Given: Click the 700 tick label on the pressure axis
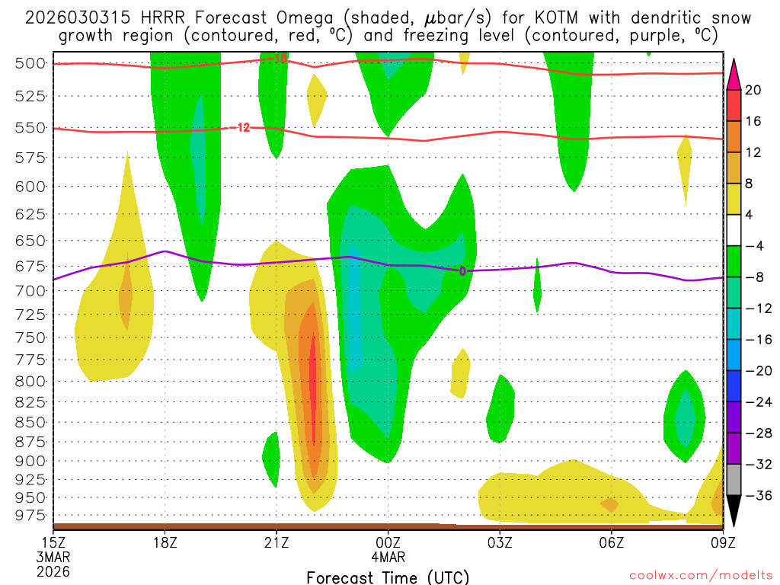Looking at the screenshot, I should click(x=30, y=290).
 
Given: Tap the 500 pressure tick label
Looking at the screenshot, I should click(x=30, y=63).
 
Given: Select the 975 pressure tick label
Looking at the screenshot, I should click(x=30, y=516).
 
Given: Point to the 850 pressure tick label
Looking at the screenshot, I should click(x=30, y=421).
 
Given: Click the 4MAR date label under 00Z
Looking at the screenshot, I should click(x=388, y=557).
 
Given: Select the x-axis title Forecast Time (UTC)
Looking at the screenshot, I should click(x=388, y=577).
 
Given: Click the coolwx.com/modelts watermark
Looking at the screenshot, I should click(x=699, y=576).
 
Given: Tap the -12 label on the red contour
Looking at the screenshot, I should click(x=241, y=127).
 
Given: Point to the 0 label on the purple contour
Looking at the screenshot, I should click(x=462, y=270).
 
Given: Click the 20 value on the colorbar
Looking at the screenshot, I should click(x=753, y=90).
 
